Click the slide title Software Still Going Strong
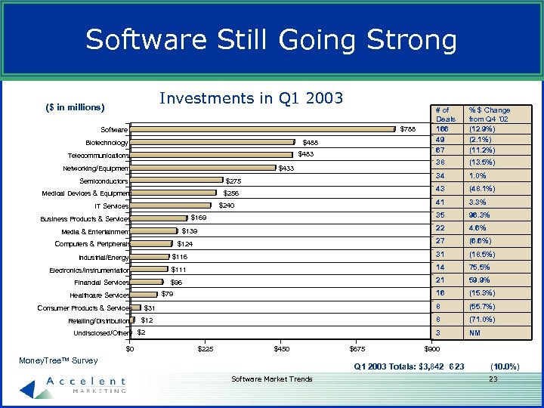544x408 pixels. coord(271,39)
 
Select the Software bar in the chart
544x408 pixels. coord(263,129)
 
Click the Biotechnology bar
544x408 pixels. coord(212,142)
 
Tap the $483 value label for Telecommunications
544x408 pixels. coord(306,154)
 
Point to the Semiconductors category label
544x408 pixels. coord(104,181)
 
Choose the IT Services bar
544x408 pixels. coord(171,206)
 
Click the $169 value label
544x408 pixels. coord(199,218)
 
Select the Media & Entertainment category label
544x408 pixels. coord(95,231)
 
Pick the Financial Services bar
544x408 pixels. coord(146,282)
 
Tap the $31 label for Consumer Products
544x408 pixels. coord(150,308)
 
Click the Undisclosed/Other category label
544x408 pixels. coord(101,333)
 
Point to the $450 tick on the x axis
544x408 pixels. coord(281,349)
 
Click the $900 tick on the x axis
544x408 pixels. coord(432,349)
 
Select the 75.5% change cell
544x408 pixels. coord(480,267)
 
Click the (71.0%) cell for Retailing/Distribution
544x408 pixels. coord(482,320)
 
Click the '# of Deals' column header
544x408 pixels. coord(446,114)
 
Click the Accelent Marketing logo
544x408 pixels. coord(72,385)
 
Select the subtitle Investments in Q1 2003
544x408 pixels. coord(252,98)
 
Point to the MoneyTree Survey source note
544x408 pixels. coord(58,361)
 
